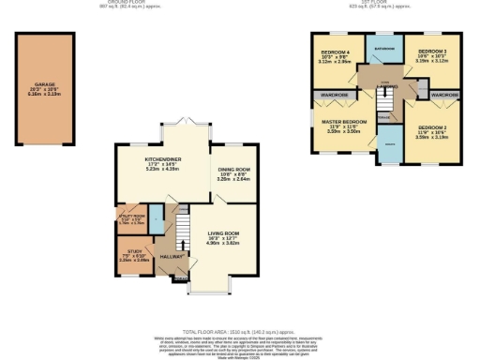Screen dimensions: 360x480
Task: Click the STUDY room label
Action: [x=126, y=249]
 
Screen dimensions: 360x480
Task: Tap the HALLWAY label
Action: [x=170, y=256]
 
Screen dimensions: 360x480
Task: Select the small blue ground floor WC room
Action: [x=157, y=225]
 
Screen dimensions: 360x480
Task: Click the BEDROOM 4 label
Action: [x=335, y=52]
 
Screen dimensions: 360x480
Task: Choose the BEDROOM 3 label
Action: [x=431, y=52]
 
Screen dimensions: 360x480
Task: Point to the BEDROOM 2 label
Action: [x=432, y=127]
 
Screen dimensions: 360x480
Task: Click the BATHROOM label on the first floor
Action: [x=384, y=47]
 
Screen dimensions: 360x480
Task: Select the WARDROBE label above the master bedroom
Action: [x=335, y=95]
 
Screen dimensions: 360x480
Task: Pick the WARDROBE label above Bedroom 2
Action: [x=444, y=95]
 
